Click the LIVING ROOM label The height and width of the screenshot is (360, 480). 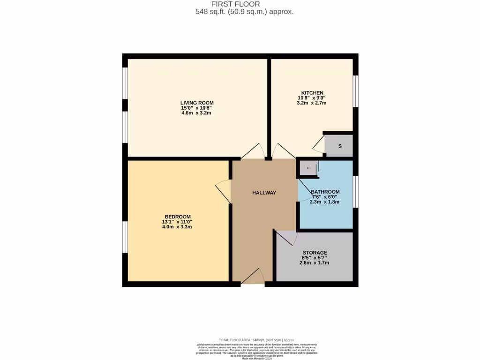point(197,103)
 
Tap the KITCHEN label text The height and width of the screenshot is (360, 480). point(312,92)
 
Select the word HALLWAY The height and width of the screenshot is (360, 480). point(264,193)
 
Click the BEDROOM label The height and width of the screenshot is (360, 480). point(177,216)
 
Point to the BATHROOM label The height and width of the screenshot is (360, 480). point(325,192)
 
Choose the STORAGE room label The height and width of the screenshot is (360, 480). point(315,253)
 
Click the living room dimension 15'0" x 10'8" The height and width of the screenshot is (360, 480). point(197,108)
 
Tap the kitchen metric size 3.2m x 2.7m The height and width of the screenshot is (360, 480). point(312,103)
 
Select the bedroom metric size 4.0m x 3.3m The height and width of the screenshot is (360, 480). point(177,226)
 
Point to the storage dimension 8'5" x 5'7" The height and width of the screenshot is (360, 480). point(315,258)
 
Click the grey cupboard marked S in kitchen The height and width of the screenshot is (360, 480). point(339,146)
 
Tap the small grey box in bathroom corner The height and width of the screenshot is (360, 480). point(308,167)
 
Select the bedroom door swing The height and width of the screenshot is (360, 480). point(223,191)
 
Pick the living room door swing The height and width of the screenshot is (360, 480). point(253,151)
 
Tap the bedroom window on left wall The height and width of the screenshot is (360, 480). point(125,237)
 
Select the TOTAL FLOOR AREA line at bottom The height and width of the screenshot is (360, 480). point(256,340)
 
